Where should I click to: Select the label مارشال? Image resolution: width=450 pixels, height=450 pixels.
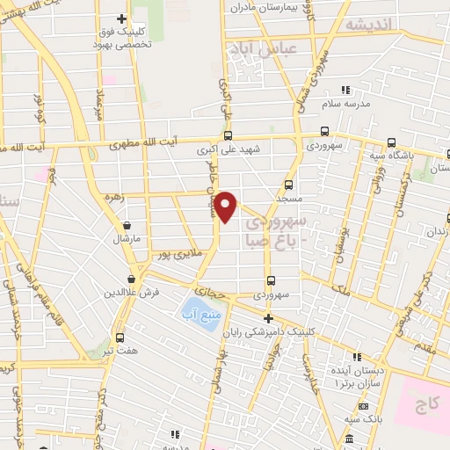click(127, 238)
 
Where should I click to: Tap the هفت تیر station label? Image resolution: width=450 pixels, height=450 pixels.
click(120, 351)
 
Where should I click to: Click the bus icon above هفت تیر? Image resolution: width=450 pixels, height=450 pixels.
click(120, 337)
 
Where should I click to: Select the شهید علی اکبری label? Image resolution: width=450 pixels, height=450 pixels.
click(229, 149)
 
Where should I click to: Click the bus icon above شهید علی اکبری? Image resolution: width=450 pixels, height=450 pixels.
click(229, 135)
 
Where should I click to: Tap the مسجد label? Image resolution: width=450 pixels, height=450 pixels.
click(288, 200)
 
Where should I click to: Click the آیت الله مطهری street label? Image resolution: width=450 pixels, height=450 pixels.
click(147, 141)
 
